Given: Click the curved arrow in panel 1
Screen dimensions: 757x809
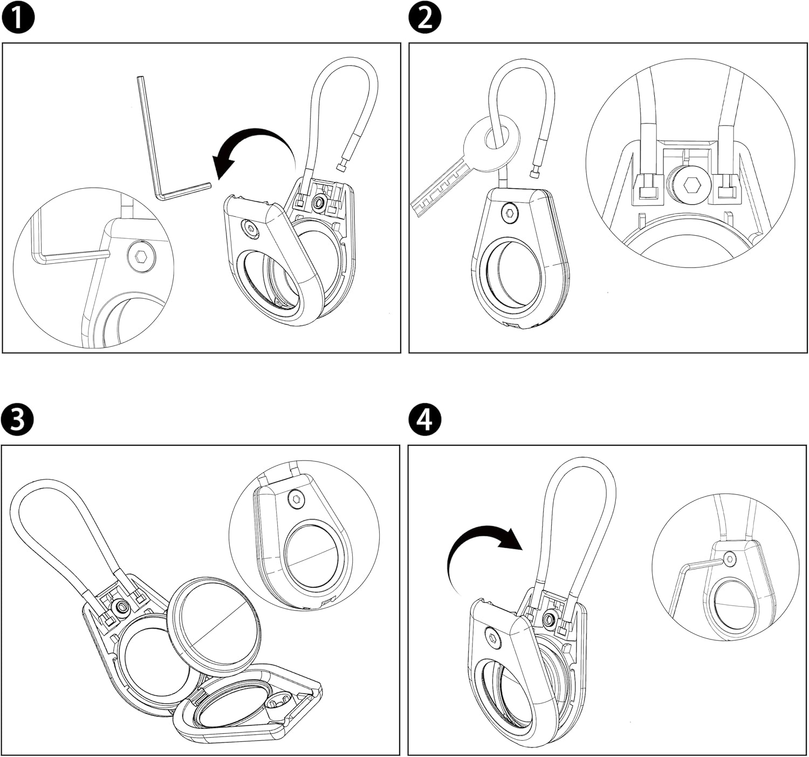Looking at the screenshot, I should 251,148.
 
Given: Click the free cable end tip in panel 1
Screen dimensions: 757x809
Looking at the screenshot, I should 341,168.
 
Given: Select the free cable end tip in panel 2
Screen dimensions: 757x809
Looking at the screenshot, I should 535,173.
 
